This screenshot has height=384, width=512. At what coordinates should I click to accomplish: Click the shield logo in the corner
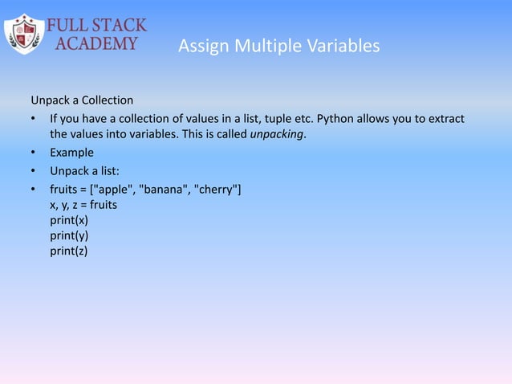click(24, 34)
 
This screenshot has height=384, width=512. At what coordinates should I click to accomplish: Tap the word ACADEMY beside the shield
click(95, 43)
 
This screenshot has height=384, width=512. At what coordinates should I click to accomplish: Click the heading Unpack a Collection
click(82, 100)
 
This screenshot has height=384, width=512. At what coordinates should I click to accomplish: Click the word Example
click(72, 153)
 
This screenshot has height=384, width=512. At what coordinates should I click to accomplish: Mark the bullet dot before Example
click(34, 153)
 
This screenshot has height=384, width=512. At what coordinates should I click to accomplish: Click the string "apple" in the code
click(117, 190)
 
